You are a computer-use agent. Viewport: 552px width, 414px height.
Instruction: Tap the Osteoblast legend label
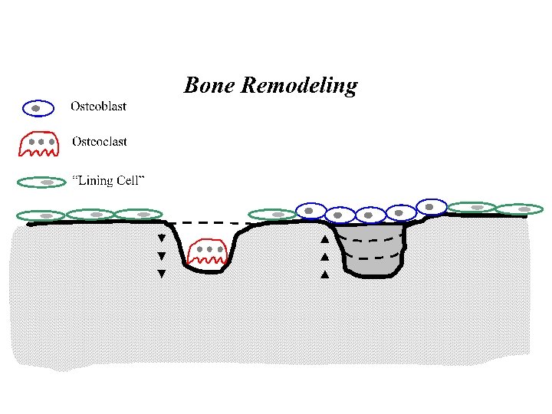point(98,107)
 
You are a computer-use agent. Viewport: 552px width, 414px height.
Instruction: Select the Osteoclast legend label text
point(99,142)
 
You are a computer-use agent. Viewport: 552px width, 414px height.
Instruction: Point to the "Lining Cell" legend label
point(108,181)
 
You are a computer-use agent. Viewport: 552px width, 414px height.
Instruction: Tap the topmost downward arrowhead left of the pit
point(161,238)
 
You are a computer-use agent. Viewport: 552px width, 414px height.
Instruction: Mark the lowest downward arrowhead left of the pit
point(161,274)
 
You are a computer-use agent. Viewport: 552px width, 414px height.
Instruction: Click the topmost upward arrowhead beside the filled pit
point(324,239)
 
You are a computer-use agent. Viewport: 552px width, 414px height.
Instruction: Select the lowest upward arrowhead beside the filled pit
point(324,274)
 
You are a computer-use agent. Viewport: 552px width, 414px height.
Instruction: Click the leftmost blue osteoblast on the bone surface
point(310,211)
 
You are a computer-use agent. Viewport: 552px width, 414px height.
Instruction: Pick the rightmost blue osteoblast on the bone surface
point(431,207)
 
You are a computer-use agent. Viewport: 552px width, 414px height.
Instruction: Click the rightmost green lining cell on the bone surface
point(520,209)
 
